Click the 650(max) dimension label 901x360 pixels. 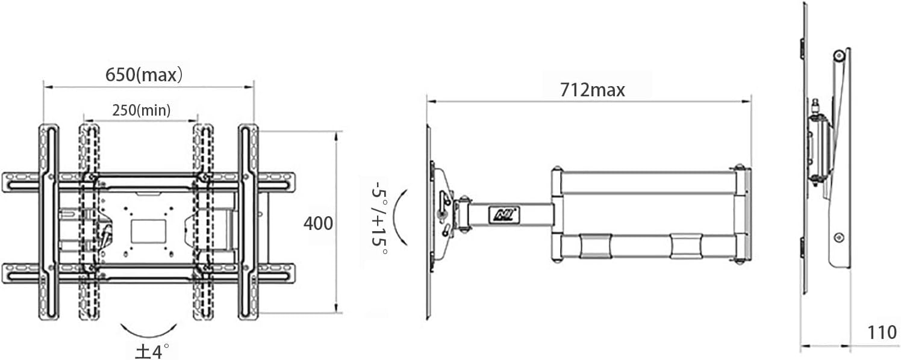click(x=144, y=75)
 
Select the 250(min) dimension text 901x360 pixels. click(x=142, y=110)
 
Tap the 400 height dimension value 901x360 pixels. click(x=318, y=223)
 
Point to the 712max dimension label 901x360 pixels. click(x=593, y=90)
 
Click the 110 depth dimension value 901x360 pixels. click(x=882, y=332)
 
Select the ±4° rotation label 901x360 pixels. click(x=148, y=350)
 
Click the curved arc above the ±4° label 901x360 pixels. click(x=149, y=330)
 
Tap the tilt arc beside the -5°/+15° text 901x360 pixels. click(x=399, y=217)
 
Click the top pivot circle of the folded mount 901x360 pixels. click(x=838, y=55)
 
